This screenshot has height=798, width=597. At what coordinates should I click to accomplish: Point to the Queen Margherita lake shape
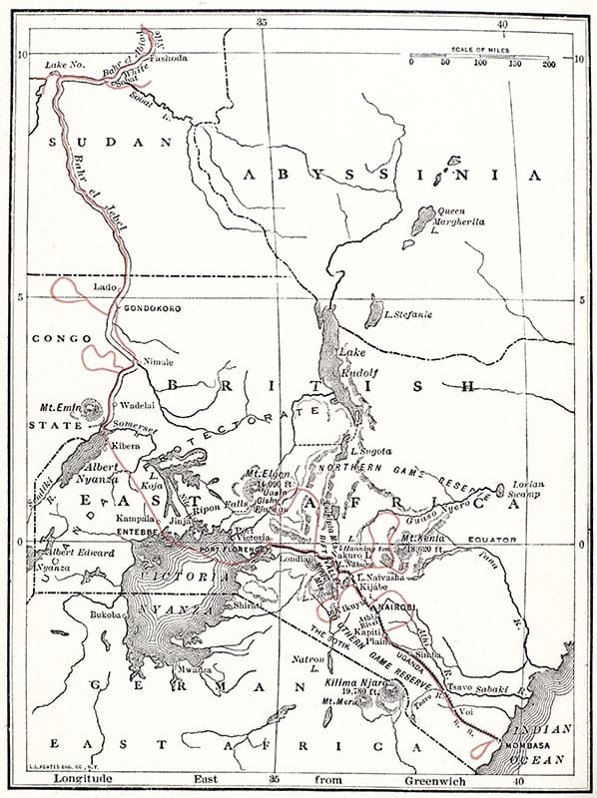coord(423,219)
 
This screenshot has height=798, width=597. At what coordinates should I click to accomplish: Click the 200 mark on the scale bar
coord(548,62)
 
